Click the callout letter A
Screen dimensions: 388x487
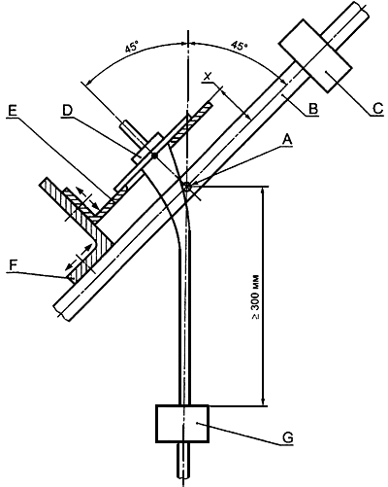tap(287, 141)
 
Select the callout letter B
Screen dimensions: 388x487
tap(312, 109)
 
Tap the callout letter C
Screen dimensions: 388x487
tap(377, 108)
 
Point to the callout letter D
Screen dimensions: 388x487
tap(68, 111)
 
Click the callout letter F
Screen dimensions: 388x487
tap(13, 265)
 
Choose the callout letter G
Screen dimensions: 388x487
tap(287, 437)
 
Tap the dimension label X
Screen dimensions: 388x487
tap(209, 77)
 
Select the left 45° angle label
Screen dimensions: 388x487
tap(131, 48)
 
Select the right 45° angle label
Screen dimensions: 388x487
tap(239, 46)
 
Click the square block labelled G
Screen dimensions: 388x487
tap(182, 423)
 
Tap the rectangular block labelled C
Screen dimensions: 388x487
tap(315, 55)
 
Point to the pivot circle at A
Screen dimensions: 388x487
tap(187, 187)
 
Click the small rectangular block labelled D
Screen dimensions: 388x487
tap(147, 148)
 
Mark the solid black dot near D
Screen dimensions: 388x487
tap(155, 157)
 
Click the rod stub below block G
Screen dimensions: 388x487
tap(183, 460)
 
